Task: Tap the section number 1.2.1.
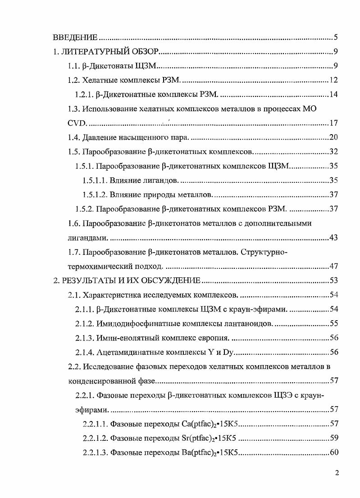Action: [x=84, y=95]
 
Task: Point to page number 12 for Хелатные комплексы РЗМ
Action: [x=333, y=81]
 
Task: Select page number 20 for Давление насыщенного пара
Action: [x=333, y=137]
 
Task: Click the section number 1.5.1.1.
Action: [x=95, y=181]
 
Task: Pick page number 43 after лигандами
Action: [x=333, y=237]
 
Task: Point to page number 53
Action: [x=333, y=281]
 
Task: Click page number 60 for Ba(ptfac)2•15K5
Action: [x=333, y=453]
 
